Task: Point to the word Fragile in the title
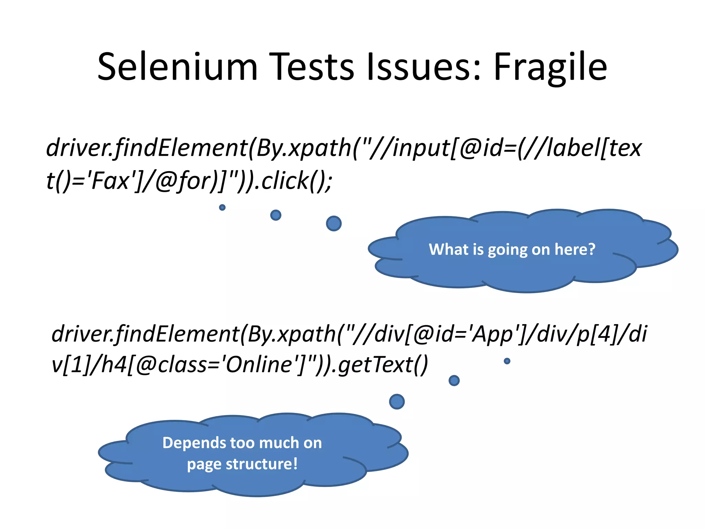pyautogui.click(x=550, y=68)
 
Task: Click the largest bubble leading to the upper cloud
pyautogui.click(x=334, y=224)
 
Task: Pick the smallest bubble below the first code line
pyautogui.click(x=222, y=207)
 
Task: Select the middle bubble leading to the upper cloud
pyautogui.click(x=276, y=215)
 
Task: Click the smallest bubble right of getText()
pyautogui.click(x=507, y=361)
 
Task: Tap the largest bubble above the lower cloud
pyautogui.click(x=397, y=402)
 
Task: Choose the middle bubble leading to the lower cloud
pyautogui.click(x=454, y=381)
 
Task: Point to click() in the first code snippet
pyautogui.click(x=296, y=181)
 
